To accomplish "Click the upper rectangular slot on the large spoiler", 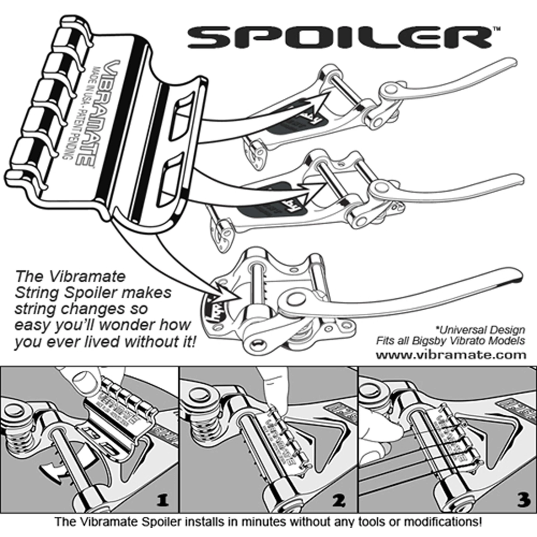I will tap(182, 117).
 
